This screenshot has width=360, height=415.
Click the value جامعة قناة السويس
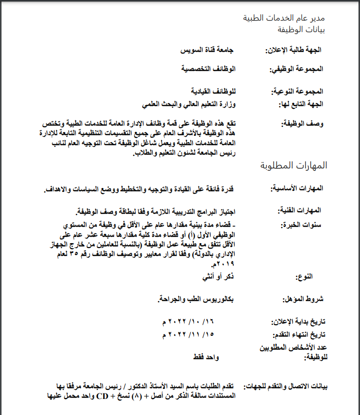[207, 51]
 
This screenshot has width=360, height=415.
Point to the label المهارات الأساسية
[297, 188]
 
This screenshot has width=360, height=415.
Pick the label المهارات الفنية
[300, 210]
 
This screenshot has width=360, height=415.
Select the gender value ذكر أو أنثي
[220, 276]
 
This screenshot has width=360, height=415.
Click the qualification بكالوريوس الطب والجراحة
[196, 299]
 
